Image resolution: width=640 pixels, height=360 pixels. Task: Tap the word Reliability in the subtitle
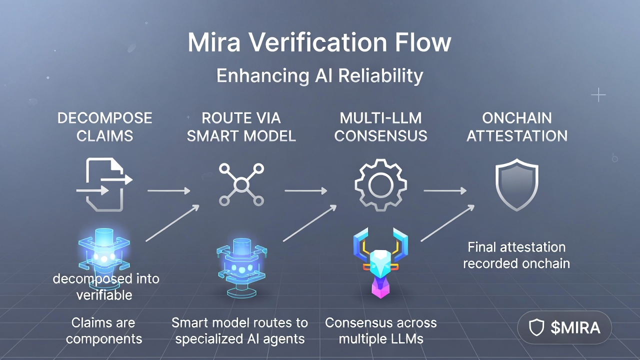coord(380,76)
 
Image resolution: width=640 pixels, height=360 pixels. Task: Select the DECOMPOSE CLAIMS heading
coord(105,127)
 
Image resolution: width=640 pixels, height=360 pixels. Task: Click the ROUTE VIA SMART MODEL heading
coord(241,127)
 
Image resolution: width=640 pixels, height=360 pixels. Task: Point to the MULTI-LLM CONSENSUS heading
coord(381,127)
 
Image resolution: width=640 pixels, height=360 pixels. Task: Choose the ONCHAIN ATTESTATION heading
coord(517,127)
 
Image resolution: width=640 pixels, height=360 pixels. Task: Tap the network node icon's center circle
coord(241,185)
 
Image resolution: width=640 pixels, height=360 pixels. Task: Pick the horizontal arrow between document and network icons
coord(169,190)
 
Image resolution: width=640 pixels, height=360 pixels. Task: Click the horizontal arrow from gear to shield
coord(445,190)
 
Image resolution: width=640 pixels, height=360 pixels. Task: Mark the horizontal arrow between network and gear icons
coord(306,190)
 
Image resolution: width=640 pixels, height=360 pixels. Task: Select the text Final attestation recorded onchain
coord(516,255)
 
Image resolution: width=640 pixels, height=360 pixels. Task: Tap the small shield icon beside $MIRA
coord(537,327)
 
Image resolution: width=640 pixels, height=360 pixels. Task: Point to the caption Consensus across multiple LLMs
coord(381,330)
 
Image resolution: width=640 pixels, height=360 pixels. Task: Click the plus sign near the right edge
coord(598,95)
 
